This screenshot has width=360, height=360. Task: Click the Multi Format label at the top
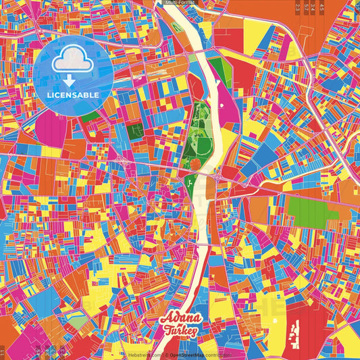(x=180, y=3)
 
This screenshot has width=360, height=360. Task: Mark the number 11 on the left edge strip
(x=3, y=351)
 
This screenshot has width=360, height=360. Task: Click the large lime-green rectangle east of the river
(x=312, y=210)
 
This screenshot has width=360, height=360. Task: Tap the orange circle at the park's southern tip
(x=195, y=163)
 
